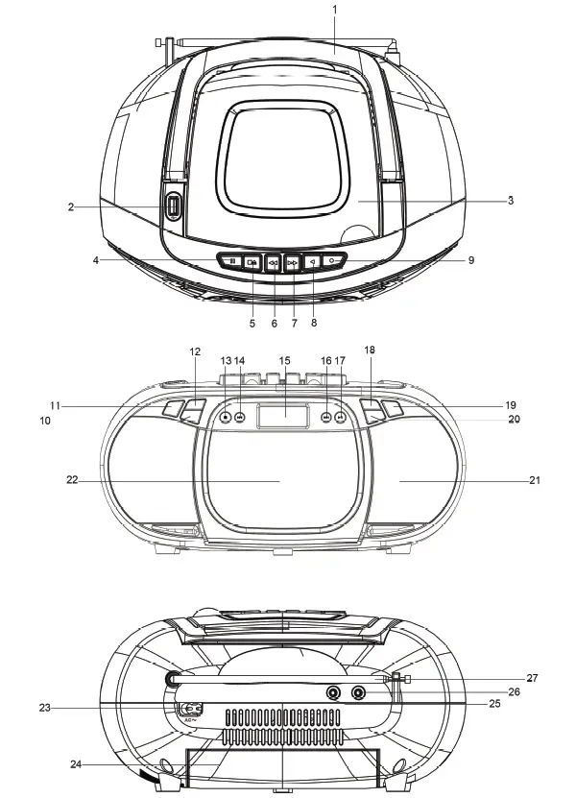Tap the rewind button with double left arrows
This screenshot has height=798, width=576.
274,261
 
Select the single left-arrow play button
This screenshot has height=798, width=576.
314,260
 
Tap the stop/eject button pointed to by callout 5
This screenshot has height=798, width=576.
252,261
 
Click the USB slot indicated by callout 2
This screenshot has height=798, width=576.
174,206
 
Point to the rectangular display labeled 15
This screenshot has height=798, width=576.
284,417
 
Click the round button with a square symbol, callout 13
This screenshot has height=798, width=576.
225,418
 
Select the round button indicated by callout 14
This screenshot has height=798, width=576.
239,418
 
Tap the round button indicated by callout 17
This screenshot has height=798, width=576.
341,418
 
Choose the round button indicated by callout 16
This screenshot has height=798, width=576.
326,418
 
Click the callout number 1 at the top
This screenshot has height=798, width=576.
334,9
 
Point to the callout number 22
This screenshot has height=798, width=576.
71,480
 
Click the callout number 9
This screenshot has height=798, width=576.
470,259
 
